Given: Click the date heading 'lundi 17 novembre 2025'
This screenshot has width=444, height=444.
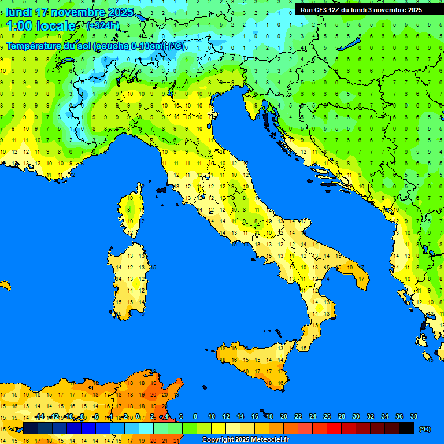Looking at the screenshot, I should (x=69, y=12).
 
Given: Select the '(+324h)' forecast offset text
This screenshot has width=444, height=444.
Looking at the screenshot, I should (x=102, y=26).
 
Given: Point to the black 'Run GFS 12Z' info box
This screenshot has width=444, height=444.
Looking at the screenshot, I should (x=361, y=10).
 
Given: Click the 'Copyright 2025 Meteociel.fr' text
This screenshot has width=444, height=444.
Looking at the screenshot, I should (x=245, y=439).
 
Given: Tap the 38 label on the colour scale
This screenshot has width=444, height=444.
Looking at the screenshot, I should (x=413, y=416).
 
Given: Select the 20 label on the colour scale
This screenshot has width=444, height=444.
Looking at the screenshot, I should (x=283, y=416).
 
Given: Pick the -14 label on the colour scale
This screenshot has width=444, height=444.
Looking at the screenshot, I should (x=39, y=416).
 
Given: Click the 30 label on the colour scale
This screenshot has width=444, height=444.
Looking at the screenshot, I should (x=356, y=416).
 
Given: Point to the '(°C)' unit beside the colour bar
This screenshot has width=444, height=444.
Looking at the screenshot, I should (x=424, y=429).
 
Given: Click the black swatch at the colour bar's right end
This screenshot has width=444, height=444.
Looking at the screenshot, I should (x=406, y=428).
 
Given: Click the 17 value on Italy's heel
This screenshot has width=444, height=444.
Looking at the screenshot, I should (x=361, y=279).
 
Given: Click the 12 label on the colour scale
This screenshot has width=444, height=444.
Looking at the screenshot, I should (x=225, y=416).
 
